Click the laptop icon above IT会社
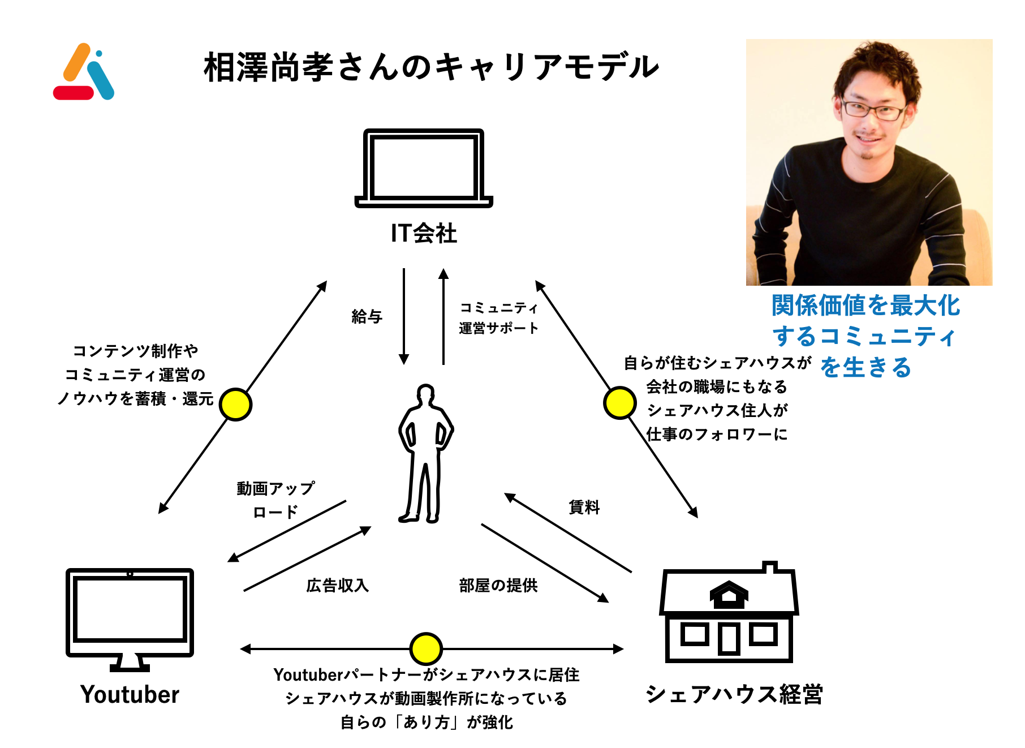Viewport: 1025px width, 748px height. tap(424, 168)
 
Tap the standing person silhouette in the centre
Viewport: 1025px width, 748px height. tap(425, 453)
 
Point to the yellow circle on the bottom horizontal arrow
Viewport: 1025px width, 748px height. tap(425, 648)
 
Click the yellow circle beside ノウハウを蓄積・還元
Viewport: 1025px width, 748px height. tap(235, 405)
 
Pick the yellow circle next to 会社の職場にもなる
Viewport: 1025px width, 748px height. tap(620, 403)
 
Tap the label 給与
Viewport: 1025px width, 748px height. tap(367, 316)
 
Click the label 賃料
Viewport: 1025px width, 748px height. tap(584, 507)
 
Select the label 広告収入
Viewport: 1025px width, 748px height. tap(337, 585)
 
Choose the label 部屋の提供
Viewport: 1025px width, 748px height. tap(498, 585)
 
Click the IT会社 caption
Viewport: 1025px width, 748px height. tap(424, 233)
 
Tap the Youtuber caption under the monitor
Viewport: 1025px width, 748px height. tap(130, 694)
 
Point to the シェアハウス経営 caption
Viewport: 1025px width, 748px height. tap(734, 694)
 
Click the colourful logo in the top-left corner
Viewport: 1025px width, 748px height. tap(84, 72)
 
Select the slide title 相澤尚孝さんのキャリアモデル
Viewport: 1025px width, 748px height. tap(431, 67)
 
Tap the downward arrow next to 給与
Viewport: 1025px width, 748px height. tap(404, 317)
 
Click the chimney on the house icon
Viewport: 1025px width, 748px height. tap(769, 566)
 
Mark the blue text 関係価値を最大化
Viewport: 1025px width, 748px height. tap(865, 306)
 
